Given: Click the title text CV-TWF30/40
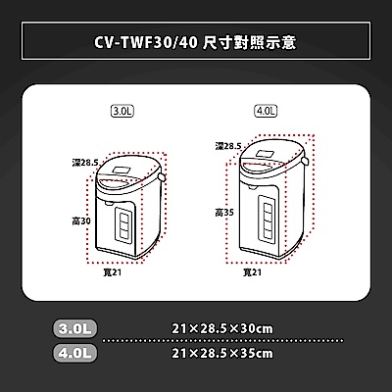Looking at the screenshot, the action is click(x=146, y=43).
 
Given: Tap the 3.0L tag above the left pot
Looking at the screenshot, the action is click(x=122, y=111).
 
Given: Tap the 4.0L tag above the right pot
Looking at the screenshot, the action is click(x=266, y=111).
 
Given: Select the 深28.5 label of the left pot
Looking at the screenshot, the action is click(x=85, y=163).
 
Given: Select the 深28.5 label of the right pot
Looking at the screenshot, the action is click(x=228, y=146).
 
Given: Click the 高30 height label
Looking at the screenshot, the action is click(x=81, y=221).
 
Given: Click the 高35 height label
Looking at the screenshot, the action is click(x=224, y=213).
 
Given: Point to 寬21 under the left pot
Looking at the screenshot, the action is click(x=112, y=272).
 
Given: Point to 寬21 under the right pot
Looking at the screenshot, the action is click(x=252, y=272).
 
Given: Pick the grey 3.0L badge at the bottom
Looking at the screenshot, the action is click(x=74, y=328).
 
